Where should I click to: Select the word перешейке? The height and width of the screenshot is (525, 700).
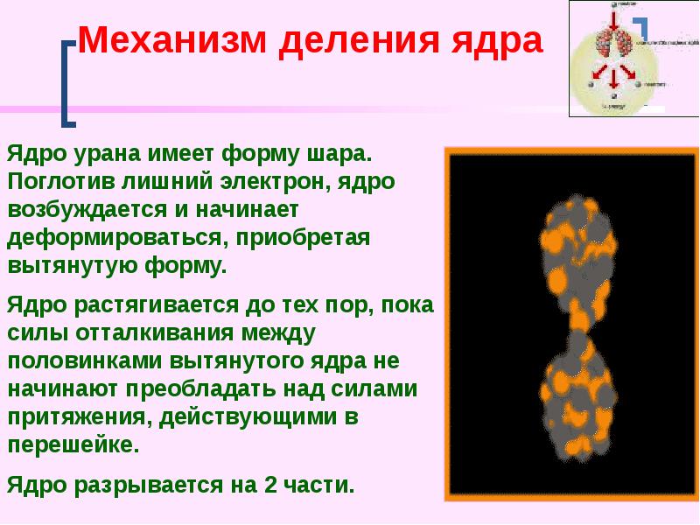pyautogui.click(x=73, y=442)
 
